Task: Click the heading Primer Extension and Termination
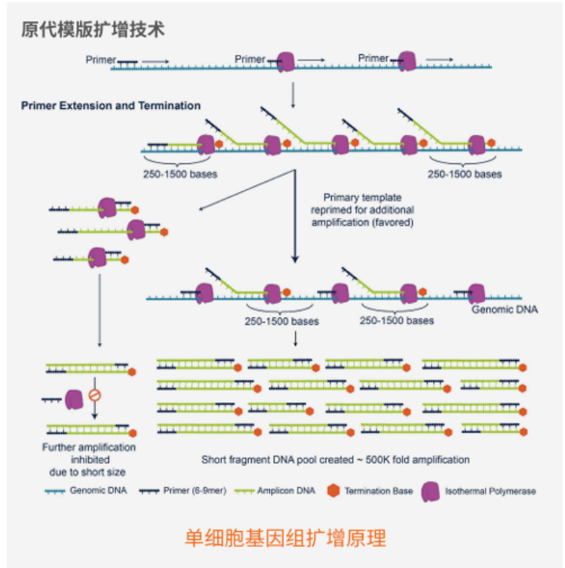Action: pos(111,105)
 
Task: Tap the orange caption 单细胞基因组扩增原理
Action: pos(285,538)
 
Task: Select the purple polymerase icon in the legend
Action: pos(430,490)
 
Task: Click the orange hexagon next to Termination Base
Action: pos(333,491)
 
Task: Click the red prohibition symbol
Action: pos(94,394)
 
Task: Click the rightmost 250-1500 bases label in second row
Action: pos(465,173)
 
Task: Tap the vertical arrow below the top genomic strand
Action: pos(293,93)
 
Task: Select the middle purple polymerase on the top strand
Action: pos(286,61)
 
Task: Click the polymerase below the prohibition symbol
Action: pos(75,400)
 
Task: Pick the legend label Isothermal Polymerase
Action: pos(490,491)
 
